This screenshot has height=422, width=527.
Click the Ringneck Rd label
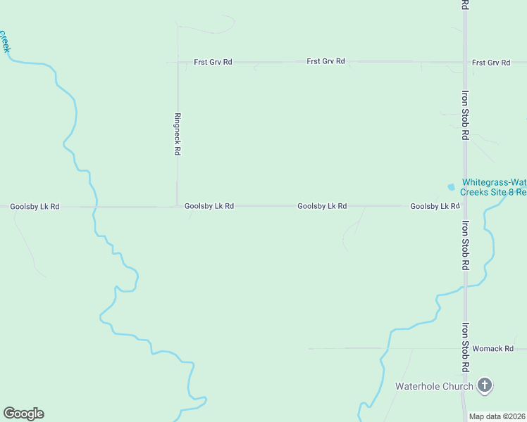click(x=178, y=134)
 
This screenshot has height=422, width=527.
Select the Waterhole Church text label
click(x=433, y=385)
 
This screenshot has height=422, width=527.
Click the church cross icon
click(x=484, y=385)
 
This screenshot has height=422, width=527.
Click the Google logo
click(x=23, y=414)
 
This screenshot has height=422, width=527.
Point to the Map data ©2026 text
click(x=497, y=416)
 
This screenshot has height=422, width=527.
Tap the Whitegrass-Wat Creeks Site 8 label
click(x=493, y=186)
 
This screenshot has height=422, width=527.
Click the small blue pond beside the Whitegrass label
click(x=451, y=187)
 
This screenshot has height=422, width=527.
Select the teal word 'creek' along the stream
click(x=5, y=41)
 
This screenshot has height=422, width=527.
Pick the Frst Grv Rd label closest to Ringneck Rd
click(x=213, y=62)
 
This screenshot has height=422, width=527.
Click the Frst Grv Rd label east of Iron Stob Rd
click(x=491, y=63)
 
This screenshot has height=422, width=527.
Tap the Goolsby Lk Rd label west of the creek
click(x=35, y=207)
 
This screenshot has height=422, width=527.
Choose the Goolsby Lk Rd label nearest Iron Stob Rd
click(x=435, y=206)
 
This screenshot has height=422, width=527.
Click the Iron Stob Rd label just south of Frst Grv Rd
click(x=465, y=115)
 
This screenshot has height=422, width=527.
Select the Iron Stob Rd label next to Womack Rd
click(x=465, y=347)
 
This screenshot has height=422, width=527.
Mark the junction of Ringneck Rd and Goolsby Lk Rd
click(x=178, y=206)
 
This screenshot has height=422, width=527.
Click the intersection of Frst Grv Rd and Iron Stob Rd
click(x=465, y=62)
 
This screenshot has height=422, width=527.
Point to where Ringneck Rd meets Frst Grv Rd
click(x=178, y=62)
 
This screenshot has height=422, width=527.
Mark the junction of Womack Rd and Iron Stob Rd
click(x=465, y=348)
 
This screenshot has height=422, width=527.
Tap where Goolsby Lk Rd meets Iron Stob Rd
click(x=465, y=206)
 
